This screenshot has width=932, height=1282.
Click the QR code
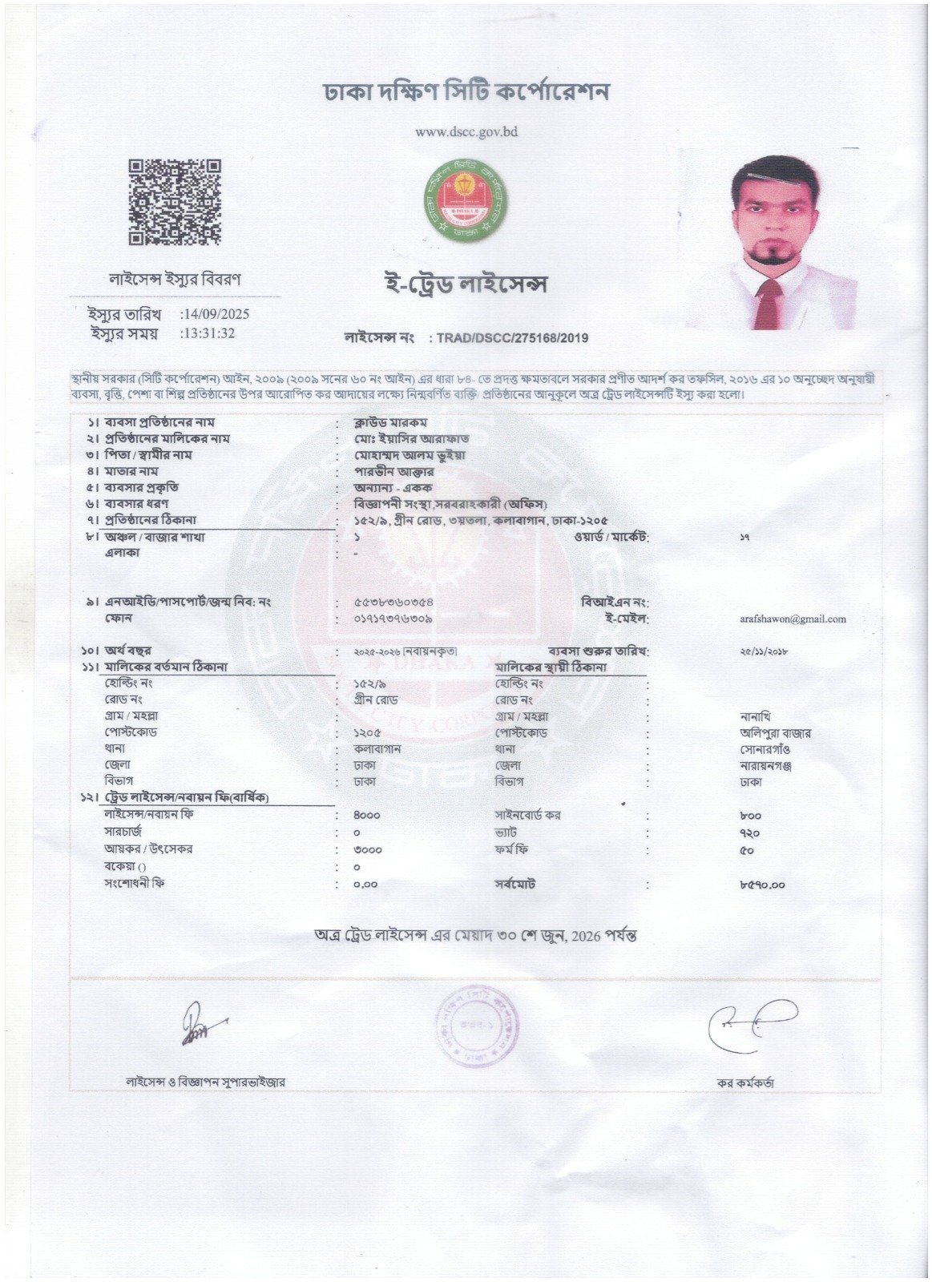175,202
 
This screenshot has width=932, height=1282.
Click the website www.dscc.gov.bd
466,132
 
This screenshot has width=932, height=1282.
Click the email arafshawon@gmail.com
793,619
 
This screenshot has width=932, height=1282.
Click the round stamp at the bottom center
474,1028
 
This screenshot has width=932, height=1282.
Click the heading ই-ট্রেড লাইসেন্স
466,284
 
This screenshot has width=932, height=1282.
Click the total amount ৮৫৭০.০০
762,885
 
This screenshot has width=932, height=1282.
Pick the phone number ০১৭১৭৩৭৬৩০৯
393,619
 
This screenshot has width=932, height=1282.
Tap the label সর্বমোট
515,884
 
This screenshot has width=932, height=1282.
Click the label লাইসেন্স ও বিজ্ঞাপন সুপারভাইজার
206,1082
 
